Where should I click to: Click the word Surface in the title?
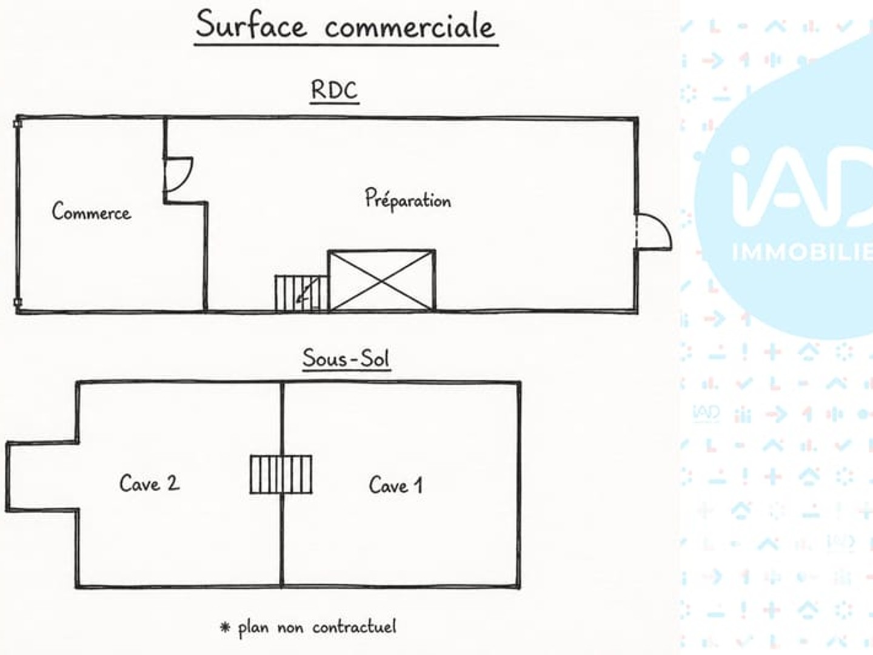coord(252,25)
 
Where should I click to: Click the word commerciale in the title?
coord(410,26)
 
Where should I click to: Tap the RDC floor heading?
coord(335,90)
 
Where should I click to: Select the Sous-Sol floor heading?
coord(346,358)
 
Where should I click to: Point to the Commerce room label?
coord(91,211)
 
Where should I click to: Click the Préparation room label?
coord(408,198)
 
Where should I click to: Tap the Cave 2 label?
coord(150,483)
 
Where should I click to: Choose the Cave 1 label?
coord(395,485)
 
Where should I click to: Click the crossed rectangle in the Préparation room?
coord(382,280)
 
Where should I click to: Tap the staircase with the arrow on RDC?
coord(301,293)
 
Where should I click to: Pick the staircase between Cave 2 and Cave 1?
coord(281,474)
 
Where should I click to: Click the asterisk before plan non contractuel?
coord(225,627)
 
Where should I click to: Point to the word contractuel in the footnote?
coord(355,627)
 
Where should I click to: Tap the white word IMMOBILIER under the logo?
coord(802,252)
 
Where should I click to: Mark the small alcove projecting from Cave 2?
coord(42,477)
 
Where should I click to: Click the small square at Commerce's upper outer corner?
coord(18,124)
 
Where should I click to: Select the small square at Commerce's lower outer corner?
coord(18,302)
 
